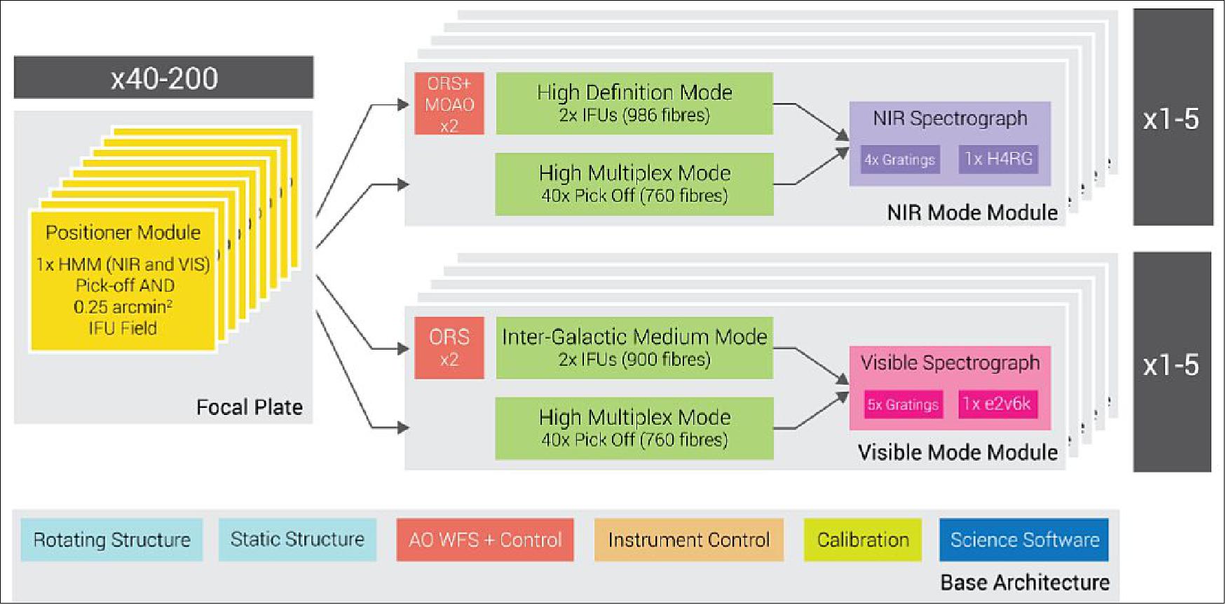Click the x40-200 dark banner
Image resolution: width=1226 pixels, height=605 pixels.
click(x=163, y=78)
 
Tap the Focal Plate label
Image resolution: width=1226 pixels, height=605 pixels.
click(x=249, y=407)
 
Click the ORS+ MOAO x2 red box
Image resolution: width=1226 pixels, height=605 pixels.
click(x=449, y=104)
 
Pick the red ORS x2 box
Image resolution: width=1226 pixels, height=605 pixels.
click(x=449, y=348)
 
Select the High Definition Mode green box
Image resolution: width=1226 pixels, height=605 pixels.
click(x=634, y=103)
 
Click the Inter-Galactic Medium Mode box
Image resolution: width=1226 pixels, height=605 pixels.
click(x=634, y=348)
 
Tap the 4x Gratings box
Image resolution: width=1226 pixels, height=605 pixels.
click(x=899, y=160)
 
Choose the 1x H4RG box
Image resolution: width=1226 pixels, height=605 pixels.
click(x=998, y=159)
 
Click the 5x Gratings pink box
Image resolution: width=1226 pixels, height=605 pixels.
click(x=903, y=405)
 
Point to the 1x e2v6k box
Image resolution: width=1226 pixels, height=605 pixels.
click(x=997, y=404)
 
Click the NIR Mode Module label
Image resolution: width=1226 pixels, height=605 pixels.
click(x=972, y=212)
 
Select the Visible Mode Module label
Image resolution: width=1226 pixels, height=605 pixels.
click(x=958, y=452)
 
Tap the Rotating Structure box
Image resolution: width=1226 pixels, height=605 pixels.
click(x=111, y=540)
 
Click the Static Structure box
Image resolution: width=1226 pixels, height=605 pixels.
click(x=297, y=540)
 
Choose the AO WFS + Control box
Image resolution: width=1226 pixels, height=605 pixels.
click(x=485, y=540)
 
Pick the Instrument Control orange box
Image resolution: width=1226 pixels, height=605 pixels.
click(x=688, y=540)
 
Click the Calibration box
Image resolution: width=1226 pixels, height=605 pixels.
click(x=862, y=540)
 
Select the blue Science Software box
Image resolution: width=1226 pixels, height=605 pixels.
click(x=1024, y=540)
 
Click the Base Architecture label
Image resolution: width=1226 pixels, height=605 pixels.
click(x=1024, y=583)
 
